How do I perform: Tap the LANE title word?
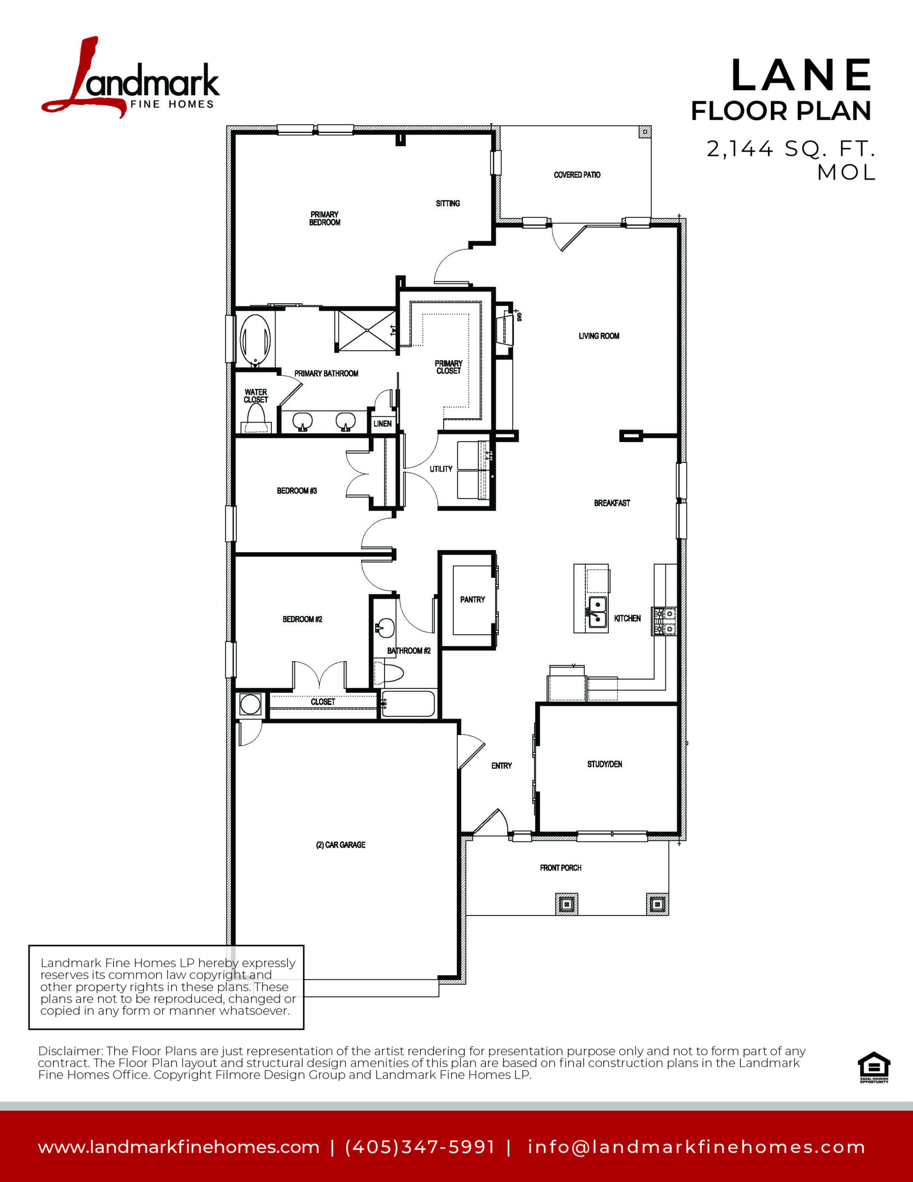pos(802,76)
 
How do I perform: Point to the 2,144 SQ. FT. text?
pos(791,148)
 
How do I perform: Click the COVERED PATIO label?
pos(577,175)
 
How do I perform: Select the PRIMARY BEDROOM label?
pos(325,218)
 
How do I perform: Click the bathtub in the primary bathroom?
pos(255,339)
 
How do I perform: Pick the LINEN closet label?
pos(382,424)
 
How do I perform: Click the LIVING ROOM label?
pos(599,336)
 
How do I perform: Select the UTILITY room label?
pos(441,469)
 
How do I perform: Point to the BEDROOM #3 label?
pos(297,491)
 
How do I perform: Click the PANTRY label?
pos(473,600)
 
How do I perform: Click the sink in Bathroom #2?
pos(386,628)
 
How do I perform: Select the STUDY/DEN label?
pos(604,764)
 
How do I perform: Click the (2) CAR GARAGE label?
pos(341,845)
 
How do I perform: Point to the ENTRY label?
pos(502,766)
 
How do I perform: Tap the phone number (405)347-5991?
pos(420,1147)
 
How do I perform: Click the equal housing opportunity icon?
pos(874,1067)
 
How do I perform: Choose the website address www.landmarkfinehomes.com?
pos(179,1147)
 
